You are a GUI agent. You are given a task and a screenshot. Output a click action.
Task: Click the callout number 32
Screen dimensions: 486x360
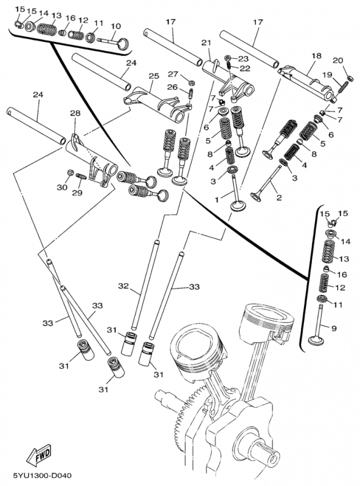(123, 286)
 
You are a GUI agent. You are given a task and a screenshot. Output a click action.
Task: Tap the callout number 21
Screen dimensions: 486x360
(206, 43)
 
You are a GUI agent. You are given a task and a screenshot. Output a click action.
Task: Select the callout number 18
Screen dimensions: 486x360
(316, 55)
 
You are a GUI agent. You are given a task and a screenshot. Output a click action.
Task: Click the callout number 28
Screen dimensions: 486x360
(75, 114)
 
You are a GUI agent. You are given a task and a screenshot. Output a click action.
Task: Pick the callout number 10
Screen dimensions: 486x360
(116, 26)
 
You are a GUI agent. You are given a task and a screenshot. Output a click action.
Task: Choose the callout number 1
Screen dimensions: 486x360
(216, 199)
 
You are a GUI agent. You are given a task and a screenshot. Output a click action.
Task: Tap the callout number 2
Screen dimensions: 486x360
(279, 197)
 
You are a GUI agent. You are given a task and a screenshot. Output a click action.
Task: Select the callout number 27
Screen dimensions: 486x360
(173, 74)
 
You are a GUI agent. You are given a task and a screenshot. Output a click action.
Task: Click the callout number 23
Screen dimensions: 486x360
(243, 59)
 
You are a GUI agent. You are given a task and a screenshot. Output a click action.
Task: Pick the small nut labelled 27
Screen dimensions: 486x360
(190, 82)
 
